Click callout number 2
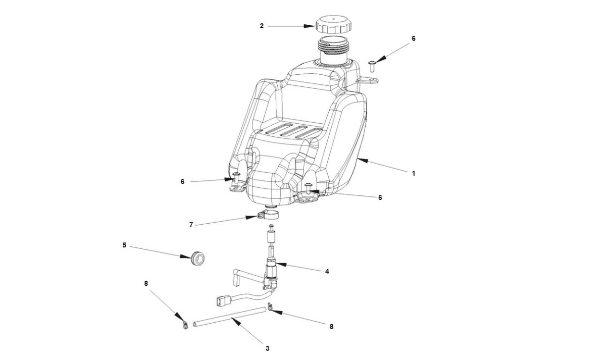click(x=262, y=26)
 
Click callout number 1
click(x=413, y=173)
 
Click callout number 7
click(x=191, y=225)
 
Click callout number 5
click(x=124, y=245)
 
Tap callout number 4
click(x=327, y=271)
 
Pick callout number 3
click(x=267, y=348)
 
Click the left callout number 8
click(x=146, y=284)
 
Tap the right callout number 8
click(x=331, y=327)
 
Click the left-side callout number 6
click(x=182, y=181)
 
